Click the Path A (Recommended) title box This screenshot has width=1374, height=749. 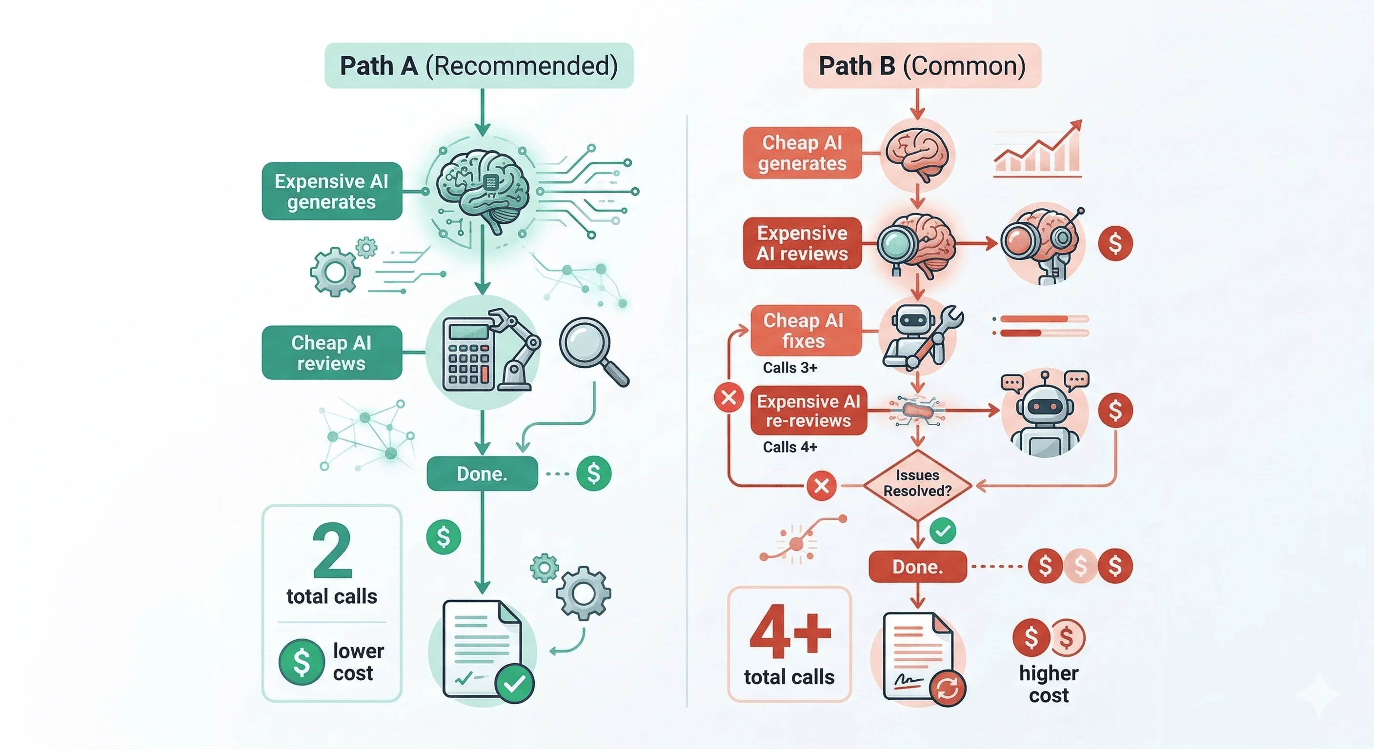(x=479, y=65)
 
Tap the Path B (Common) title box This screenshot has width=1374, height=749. (x=922, y=65)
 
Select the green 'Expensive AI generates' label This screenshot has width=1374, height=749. (x=332, y=191)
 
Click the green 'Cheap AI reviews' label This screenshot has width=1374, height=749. (x=332, y=353)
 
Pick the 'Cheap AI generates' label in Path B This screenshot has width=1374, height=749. (x=802, y=153)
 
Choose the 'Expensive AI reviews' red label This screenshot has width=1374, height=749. (x=802, y=243)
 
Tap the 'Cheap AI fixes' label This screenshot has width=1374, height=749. (x=806, y=331)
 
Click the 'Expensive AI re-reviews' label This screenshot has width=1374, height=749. (x=808, y=411)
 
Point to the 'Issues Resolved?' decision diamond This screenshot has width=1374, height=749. (x=917, y=484)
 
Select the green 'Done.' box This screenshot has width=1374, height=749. (x=482, y=473)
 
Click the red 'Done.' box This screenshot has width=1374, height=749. (x=917, y=566)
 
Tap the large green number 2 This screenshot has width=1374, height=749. (x=332, y=551)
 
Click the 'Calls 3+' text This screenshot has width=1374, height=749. (x=790, y=367)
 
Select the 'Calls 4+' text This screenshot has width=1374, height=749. (x=790, y=447)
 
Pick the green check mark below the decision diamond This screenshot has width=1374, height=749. (x=943, y=531)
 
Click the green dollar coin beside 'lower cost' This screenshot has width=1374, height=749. (x=302, y=662)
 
